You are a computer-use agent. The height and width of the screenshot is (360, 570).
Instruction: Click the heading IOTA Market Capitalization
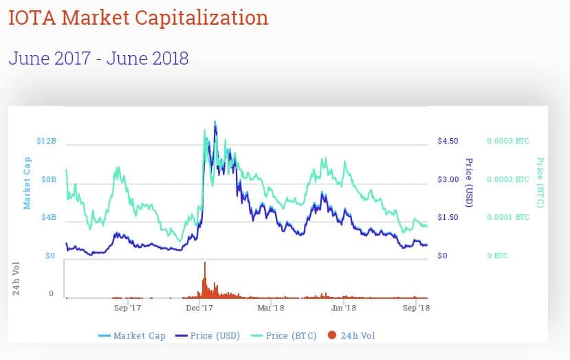138,18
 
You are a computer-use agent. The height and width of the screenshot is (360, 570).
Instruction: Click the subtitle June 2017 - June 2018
98,58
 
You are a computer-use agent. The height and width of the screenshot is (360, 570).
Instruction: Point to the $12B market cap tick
45,142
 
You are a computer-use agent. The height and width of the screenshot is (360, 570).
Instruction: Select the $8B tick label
48,179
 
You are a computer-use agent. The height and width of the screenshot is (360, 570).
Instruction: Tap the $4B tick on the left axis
48,218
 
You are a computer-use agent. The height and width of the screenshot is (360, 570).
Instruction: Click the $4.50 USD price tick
448,142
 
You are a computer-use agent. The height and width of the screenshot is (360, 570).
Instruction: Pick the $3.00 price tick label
448,179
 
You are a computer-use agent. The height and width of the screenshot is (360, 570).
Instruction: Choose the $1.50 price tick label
448,218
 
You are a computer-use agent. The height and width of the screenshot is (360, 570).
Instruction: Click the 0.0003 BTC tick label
508,142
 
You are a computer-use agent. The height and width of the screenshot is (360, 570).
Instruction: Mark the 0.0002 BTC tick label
508,179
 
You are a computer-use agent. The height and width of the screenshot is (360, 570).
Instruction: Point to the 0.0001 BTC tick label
508,218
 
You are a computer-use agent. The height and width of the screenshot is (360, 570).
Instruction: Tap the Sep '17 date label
127,308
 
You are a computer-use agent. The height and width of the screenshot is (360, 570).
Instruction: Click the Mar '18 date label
271,308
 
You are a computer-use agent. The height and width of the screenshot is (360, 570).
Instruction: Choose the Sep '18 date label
415,308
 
